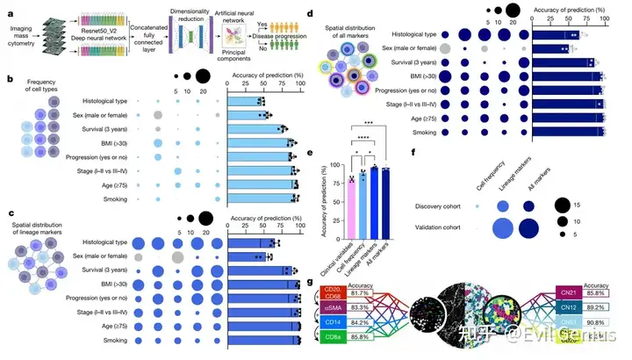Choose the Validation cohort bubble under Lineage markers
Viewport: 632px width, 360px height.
click(529, 229)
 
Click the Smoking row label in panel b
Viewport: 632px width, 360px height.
click(127, 199)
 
